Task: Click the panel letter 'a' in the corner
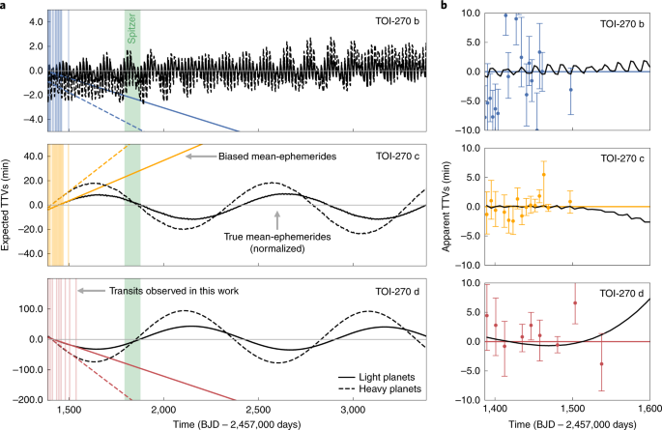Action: click(5, 6)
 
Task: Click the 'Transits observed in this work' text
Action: click(160, 290)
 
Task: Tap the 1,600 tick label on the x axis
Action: click(648, 410)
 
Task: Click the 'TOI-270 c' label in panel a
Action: click(398, 156)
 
